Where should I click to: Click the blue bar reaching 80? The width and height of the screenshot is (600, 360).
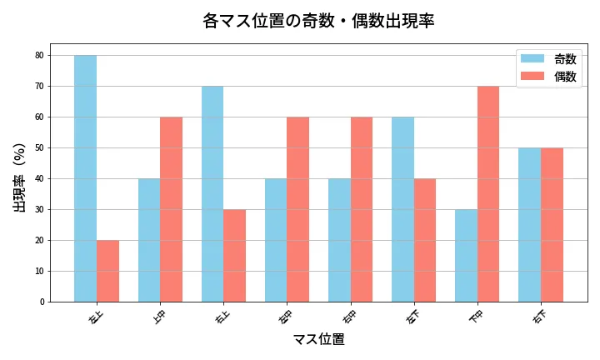pos(85,178)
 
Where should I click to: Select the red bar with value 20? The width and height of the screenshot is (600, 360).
pos(107,271)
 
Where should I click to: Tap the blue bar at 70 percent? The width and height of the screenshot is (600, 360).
pos(212,193)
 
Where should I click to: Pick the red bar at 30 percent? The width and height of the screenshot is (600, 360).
pos(234,255)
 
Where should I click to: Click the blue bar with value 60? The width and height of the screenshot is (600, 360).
pos(402,209)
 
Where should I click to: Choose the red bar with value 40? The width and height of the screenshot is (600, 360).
pos(425,240)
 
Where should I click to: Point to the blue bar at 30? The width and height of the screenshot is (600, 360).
pos(466,255)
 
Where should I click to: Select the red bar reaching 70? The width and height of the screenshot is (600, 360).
pos(488,193)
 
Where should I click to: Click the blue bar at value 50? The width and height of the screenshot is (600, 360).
pos(529,225)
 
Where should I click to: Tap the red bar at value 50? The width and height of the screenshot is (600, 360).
pos(552,225)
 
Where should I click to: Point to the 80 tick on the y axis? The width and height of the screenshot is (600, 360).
pos(40,56)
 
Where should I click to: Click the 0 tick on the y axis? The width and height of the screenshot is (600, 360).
pos(42,302)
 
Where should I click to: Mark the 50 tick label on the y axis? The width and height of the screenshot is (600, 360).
pos(40,148)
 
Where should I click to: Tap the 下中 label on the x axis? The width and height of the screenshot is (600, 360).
pos(476,317)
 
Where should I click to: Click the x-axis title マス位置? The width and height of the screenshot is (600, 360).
pos(318,339)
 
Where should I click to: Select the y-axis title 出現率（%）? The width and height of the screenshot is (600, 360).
pos(20,177)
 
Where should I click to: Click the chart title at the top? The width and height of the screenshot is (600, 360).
pos(318,21)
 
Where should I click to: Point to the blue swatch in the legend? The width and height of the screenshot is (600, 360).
pos(532,59)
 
